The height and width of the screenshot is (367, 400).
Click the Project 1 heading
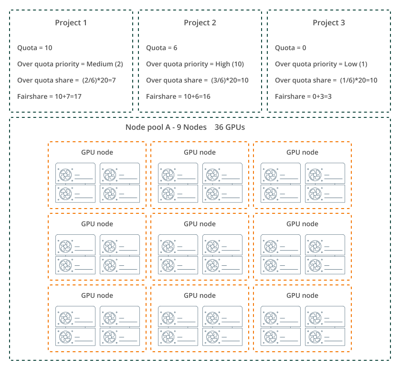pyautogui.click(x=71, y=23)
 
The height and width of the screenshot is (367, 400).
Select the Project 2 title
pyautogui.click(x=200, y=23)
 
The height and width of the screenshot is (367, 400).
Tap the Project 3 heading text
pyautogui.click(x=329, y=23)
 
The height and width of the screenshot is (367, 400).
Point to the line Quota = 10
pyautogui.click(x=35, y=48)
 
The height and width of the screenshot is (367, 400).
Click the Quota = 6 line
pyautogui.click(x=161, y=48)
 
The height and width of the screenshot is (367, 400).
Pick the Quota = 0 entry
pyautogui.click(x=291, y=48)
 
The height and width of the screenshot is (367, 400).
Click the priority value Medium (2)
pyautogui.click(x=105, y=64)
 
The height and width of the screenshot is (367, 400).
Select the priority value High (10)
pyautogui.click(x=230, y=64)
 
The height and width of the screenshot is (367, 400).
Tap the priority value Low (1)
pyautogui.click(x=356, y=64)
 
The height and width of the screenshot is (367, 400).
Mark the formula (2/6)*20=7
pyautogui.click(x=99, y=80)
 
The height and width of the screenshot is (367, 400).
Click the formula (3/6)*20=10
pyautogui.click(x=230, y=80)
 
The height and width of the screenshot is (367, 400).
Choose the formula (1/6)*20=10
pyautogui.click(x=358, y=80)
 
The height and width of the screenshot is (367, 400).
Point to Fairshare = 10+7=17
pyautogui.click(x=49, y=97)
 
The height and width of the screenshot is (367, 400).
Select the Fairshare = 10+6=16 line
pyautogui.click(x=178, y=97)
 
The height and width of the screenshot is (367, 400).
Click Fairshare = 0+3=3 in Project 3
pyautogui.click(x=303, y=97)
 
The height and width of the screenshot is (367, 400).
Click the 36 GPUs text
pyautogui.click(x=230, y=127)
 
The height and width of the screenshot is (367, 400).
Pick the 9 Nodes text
pyautogui.click(x=191, y=127)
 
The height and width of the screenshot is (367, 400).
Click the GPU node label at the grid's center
pyautogui.click(x=200, y=224)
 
